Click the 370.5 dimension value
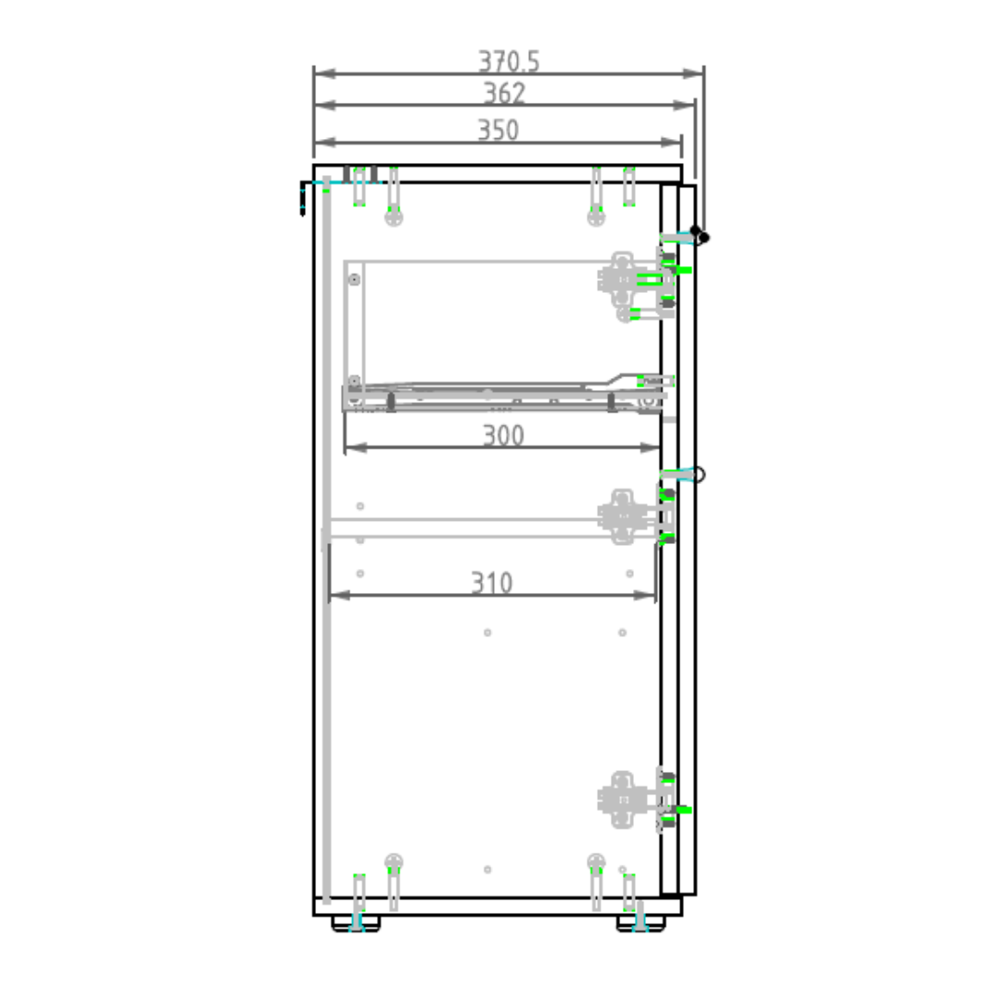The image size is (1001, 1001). pos(509,61)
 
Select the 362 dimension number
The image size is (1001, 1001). pos(504,94)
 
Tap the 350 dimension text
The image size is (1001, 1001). pos(498,131)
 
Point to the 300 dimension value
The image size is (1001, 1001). pos(503,436)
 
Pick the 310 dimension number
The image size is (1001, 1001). pos(491,583)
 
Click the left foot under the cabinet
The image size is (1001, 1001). pos(356,923)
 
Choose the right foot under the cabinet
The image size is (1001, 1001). pos(641,923)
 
